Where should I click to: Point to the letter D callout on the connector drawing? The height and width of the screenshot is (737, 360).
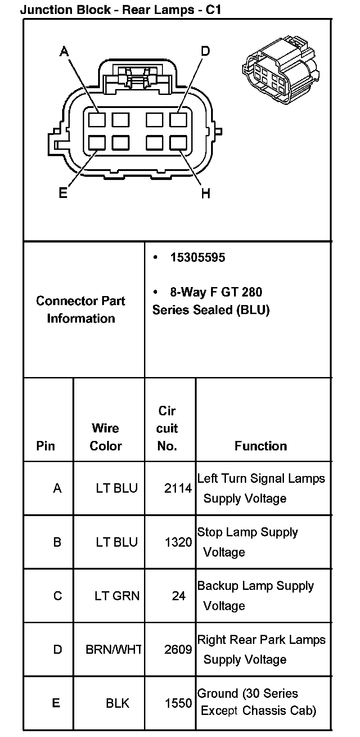[x=205, y=51]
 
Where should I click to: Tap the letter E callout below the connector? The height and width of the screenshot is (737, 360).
[x=63, y=193]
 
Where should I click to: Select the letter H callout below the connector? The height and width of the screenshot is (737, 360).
[x=206, y=194]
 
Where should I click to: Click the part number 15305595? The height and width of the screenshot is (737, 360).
[x=198, y=257]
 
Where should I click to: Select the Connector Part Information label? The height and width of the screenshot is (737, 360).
[x=81, y=310]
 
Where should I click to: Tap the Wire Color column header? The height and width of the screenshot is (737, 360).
[x=106, y=437]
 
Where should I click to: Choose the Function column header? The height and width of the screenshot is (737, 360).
[x=261, y=446]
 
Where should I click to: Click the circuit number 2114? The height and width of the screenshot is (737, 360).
[x=178, y=488]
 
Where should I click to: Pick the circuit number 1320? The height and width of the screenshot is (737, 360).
[x=178, y=542]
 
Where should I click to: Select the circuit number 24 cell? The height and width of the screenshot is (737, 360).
[x=179, y=596]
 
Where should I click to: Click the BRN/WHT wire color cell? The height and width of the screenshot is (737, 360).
[x=113, y=650]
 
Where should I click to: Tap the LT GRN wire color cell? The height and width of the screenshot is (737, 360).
[x=117, y=596]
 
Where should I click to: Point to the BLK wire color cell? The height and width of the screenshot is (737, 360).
[x=117, y=703]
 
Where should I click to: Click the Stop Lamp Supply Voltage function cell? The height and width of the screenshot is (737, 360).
[x=247, y=542]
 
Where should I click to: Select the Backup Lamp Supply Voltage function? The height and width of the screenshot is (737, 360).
[x=255, y=596]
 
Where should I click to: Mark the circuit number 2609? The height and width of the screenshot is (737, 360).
[x=178, y=650]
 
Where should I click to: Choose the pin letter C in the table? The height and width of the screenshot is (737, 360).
[x=58, y=596]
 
